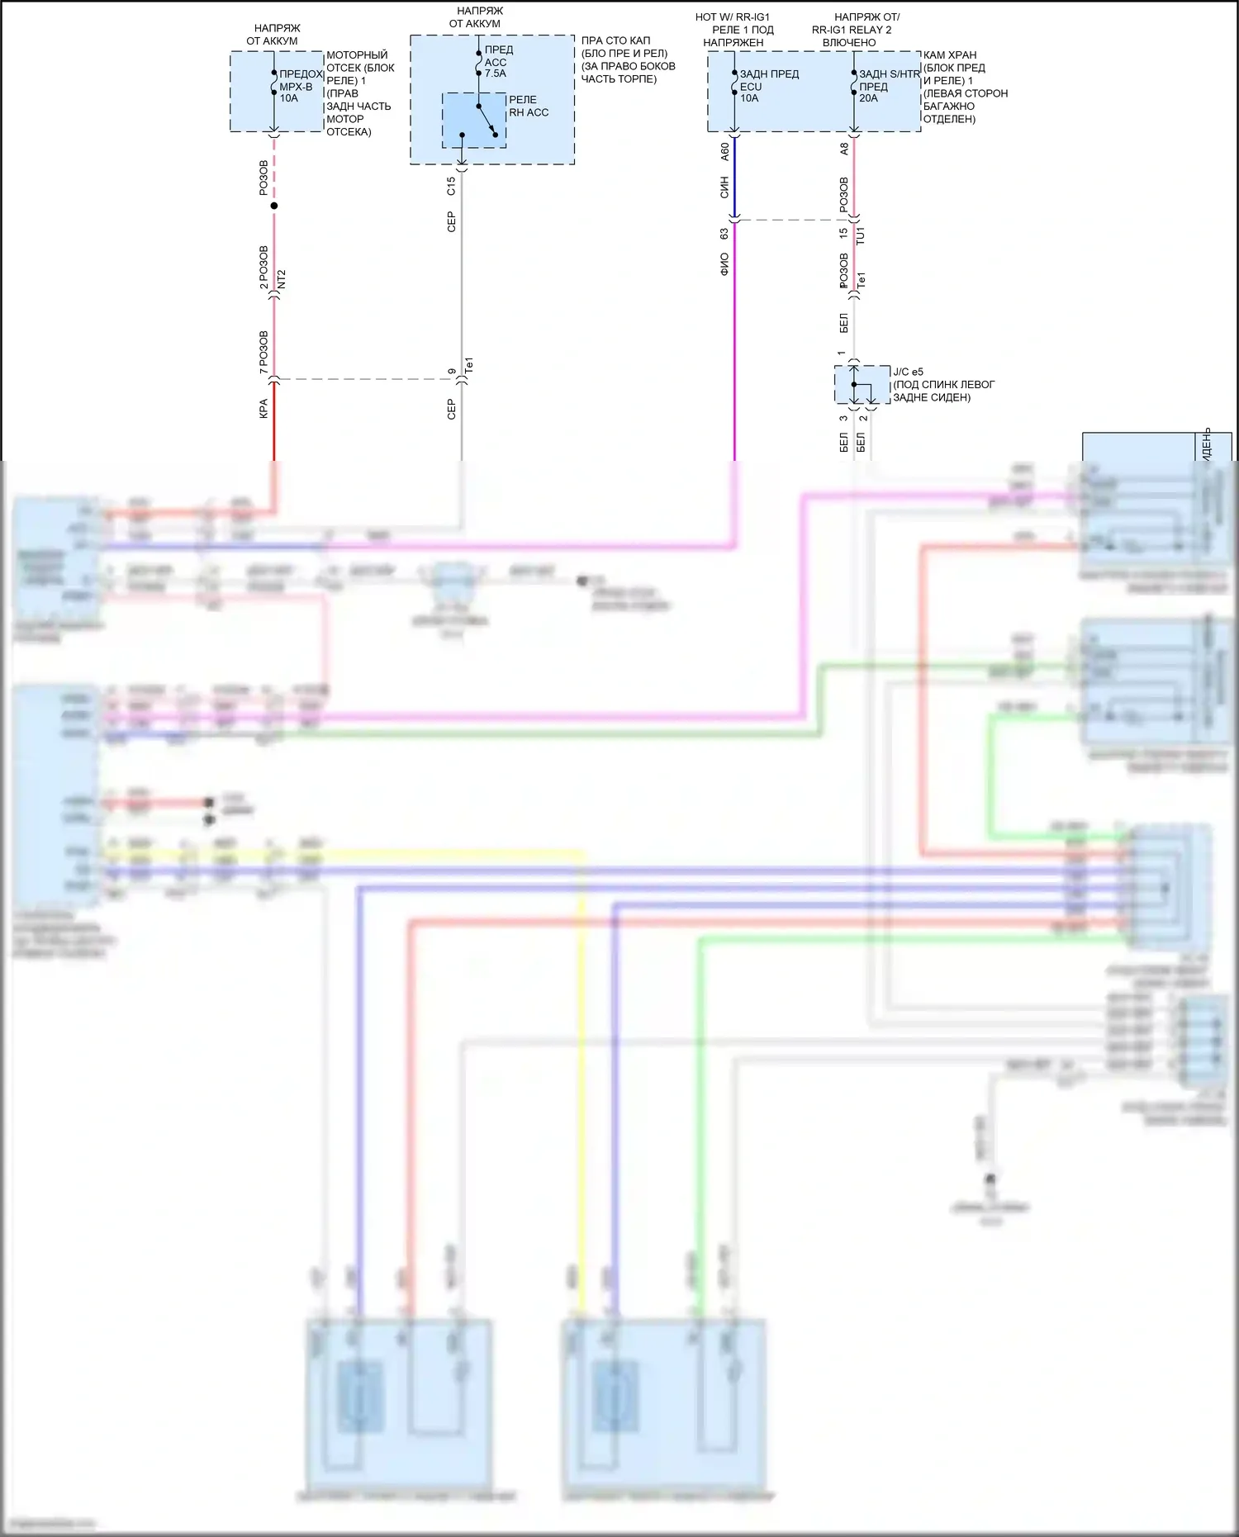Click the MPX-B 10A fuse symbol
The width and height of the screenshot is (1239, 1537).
click(274, 82)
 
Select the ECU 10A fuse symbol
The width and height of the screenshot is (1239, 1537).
click(734, 83)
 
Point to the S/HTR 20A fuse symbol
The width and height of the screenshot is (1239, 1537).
click(854, 83)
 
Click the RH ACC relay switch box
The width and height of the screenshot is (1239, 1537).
click(474, 121)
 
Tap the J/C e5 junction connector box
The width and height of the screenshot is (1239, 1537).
click(862, 385)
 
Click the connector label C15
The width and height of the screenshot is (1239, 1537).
click(451, 186)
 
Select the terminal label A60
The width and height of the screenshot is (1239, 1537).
click(724, 151)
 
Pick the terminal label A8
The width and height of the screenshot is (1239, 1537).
click(843, 149)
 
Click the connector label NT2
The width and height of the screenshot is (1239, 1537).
click(282, 279)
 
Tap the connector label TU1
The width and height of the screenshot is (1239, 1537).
click(861, 235)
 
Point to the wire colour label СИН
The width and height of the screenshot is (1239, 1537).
click(724, 187)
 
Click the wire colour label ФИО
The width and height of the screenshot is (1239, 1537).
click(724, 264)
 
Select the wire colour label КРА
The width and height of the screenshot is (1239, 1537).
click(263, 409)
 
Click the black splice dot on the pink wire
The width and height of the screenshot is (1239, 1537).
click(274, 206)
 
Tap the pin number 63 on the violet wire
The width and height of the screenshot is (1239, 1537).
click(724, 235)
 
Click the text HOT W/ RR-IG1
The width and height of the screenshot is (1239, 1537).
click(733, 17)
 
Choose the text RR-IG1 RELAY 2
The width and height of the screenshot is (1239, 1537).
click(852, 30)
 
